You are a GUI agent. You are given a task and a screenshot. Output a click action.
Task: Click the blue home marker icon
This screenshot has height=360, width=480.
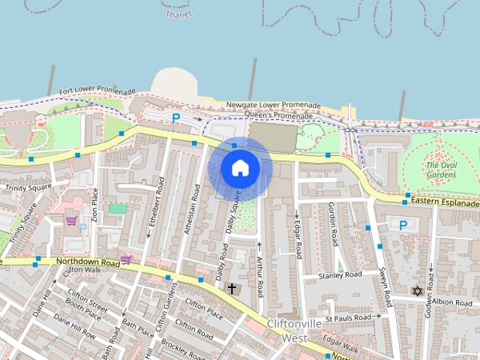[x=238, y=167]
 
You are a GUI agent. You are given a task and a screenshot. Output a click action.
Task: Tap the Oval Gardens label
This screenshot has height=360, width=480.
[x=440, y=169]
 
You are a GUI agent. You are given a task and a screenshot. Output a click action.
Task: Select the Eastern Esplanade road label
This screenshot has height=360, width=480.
[x=445, y=202]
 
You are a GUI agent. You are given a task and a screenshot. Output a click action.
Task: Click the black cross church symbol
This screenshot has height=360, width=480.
[x=232, y=288]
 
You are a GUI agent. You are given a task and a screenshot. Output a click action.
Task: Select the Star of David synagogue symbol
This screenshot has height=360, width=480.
[x=417, y=291]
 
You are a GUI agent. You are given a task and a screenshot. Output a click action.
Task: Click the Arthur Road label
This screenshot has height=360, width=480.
[x=260, y=274]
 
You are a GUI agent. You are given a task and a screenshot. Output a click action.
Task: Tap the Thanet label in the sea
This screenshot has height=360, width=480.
[x=178, y=13]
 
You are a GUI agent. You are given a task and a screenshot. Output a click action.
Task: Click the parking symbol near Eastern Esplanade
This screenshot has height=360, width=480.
[x=403, y=224]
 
